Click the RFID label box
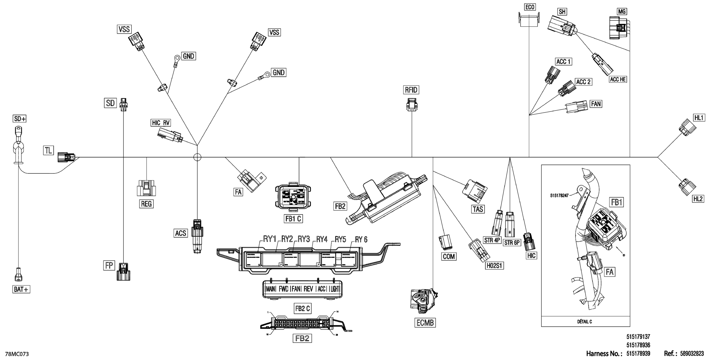tap(411, 90)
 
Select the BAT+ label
tap(21, 289)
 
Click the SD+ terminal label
tap(20, 119)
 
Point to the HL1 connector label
tap(699, 118)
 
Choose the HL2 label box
tap(698, 199)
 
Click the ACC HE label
tap(618, 79)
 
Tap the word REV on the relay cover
tap(308, 289)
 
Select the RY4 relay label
tap(322, 239)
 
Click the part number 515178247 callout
tap(559, 196)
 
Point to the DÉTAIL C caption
tap(584, 322)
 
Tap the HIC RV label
tap(161, 123)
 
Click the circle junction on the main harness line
tap(197, 157)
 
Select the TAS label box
tap(478, 209)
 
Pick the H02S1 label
tap(495, 266)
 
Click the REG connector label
tap(146, 204)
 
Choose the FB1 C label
tap(293, 219)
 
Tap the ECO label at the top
tap(530, 7)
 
